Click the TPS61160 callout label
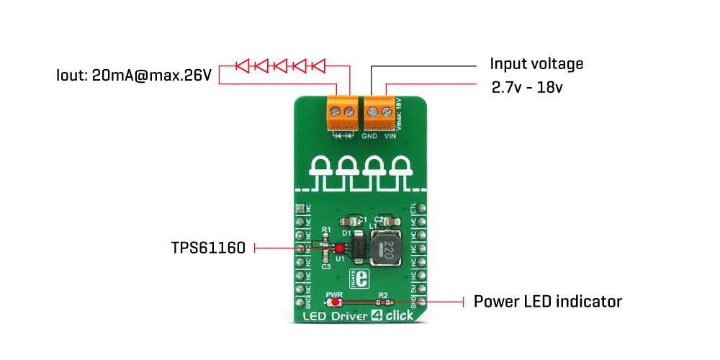pos(208,248)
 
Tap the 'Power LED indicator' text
pos(547,301)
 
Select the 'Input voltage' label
pos(536,63)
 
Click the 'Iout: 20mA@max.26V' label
pos(134,75)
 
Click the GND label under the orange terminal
pos(369,135)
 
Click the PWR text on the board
pos(334,294)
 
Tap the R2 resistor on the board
pos(383,302)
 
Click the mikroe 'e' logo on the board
pos(363,278)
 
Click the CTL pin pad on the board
pos(422,208)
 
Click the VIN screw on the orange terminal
pos(387,112)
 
